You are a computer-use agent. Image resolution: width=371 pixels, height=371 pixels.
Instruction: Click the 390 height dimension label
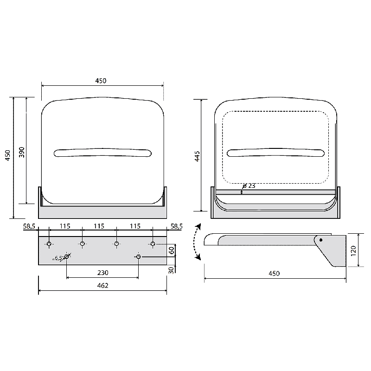click(21, 152)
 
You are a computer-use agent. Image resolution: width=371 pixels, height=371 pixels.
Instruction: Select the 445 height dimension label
click(197, 156)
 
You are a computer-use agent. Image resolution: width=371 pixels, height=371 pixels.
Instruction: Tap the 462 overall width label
click(102, 286)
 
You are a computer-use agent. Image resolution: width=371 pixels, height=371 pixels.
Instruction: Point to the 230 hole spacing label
click(102, 273)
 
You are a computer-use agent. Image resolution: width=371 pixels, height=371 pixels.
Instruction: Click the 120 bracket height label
click(353, 251)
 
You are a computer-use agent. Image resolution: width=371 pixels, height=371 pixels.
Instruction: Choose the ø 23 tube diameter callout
click(249, 186)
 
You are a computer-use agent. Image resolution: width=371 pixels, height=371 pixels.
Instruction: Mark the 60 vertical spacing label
click(172, 250)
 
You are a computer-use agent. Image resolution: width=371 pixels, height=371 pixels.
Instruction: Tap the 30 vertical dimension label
click(171, 270)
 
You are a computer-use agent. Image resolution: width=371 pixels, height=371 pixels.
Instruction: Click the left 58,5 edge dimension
click(29, 226)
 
